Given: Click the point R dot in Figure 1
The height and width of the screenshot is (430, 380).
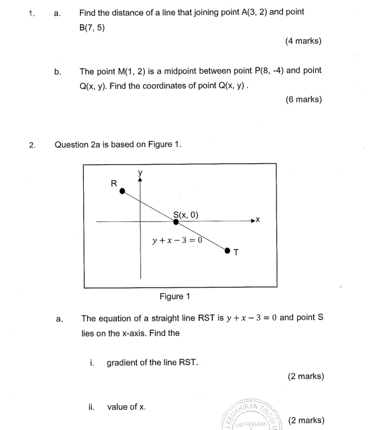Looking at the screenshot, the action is click(123, 191).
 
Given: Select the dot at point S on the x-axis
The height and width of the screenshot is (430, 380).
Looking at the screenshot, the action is click(176, 222).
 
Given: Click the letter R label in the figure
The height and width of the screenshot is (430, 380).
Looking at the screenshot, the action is click(114, 183).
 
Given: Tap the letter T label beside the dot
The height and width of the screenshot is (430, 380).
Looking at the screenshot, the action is click(236, 253).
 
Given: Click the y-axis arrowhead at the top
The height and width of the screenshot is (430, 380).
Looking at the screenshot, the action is click(140, 179).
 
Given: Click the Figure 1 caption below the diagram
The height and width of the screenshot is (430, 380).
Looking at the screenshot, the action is click(175, 296).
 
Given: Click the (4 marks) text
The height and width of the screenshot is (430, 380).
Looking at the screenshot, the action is click(303, 41).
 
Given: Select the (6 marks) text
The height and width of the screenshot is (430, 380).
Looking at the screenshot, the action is click(304, 99).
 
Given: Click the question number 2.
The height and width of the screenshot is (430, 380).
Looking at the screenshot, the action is click(32, 144).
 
